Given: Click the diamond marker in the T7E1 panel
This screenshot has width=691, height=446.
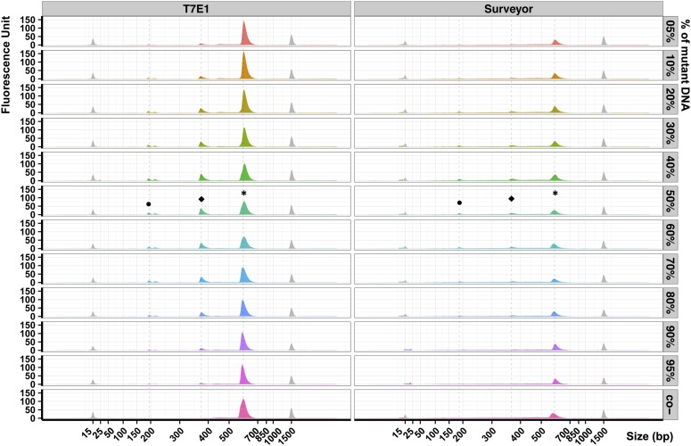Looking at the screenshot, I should (x=202, y=199).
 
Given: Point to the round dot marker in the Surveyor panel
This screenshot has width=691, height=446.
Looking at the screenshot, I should (x=459, y=202).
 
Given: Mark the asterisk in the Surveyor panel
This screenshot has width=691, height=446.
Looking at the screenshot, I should (x=555, y=194).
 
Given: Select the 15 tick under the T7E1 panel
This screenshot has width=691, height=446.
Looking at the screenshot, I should (x=87, y=432).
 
